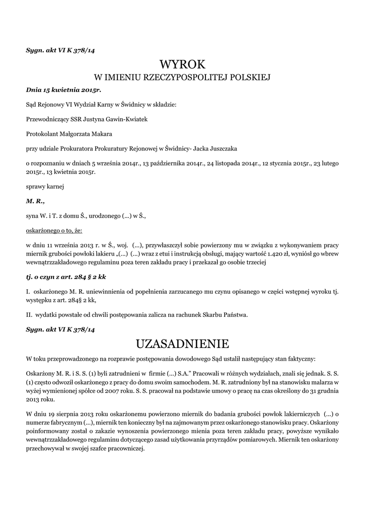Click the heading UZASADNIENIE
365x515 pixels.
pyautogui.click(x=183, y=344)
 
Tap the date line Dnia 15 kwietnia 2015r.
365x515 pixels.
pyautogui.click(x=63, y=91)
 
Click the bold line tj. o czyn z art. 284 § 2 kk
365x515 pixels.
pyautogui.click(x=66, y=277)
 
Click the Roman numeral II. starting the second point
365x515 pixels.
pyautogui.click(x=29, y=315)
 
